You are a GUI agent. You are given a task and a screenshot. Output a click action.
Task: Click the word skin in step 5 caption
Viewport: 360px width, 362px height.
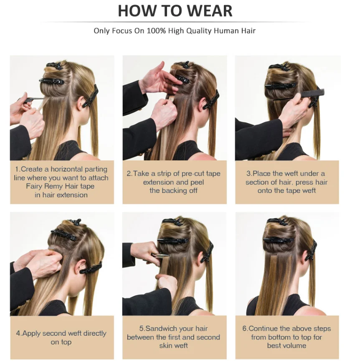point(167,346)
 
